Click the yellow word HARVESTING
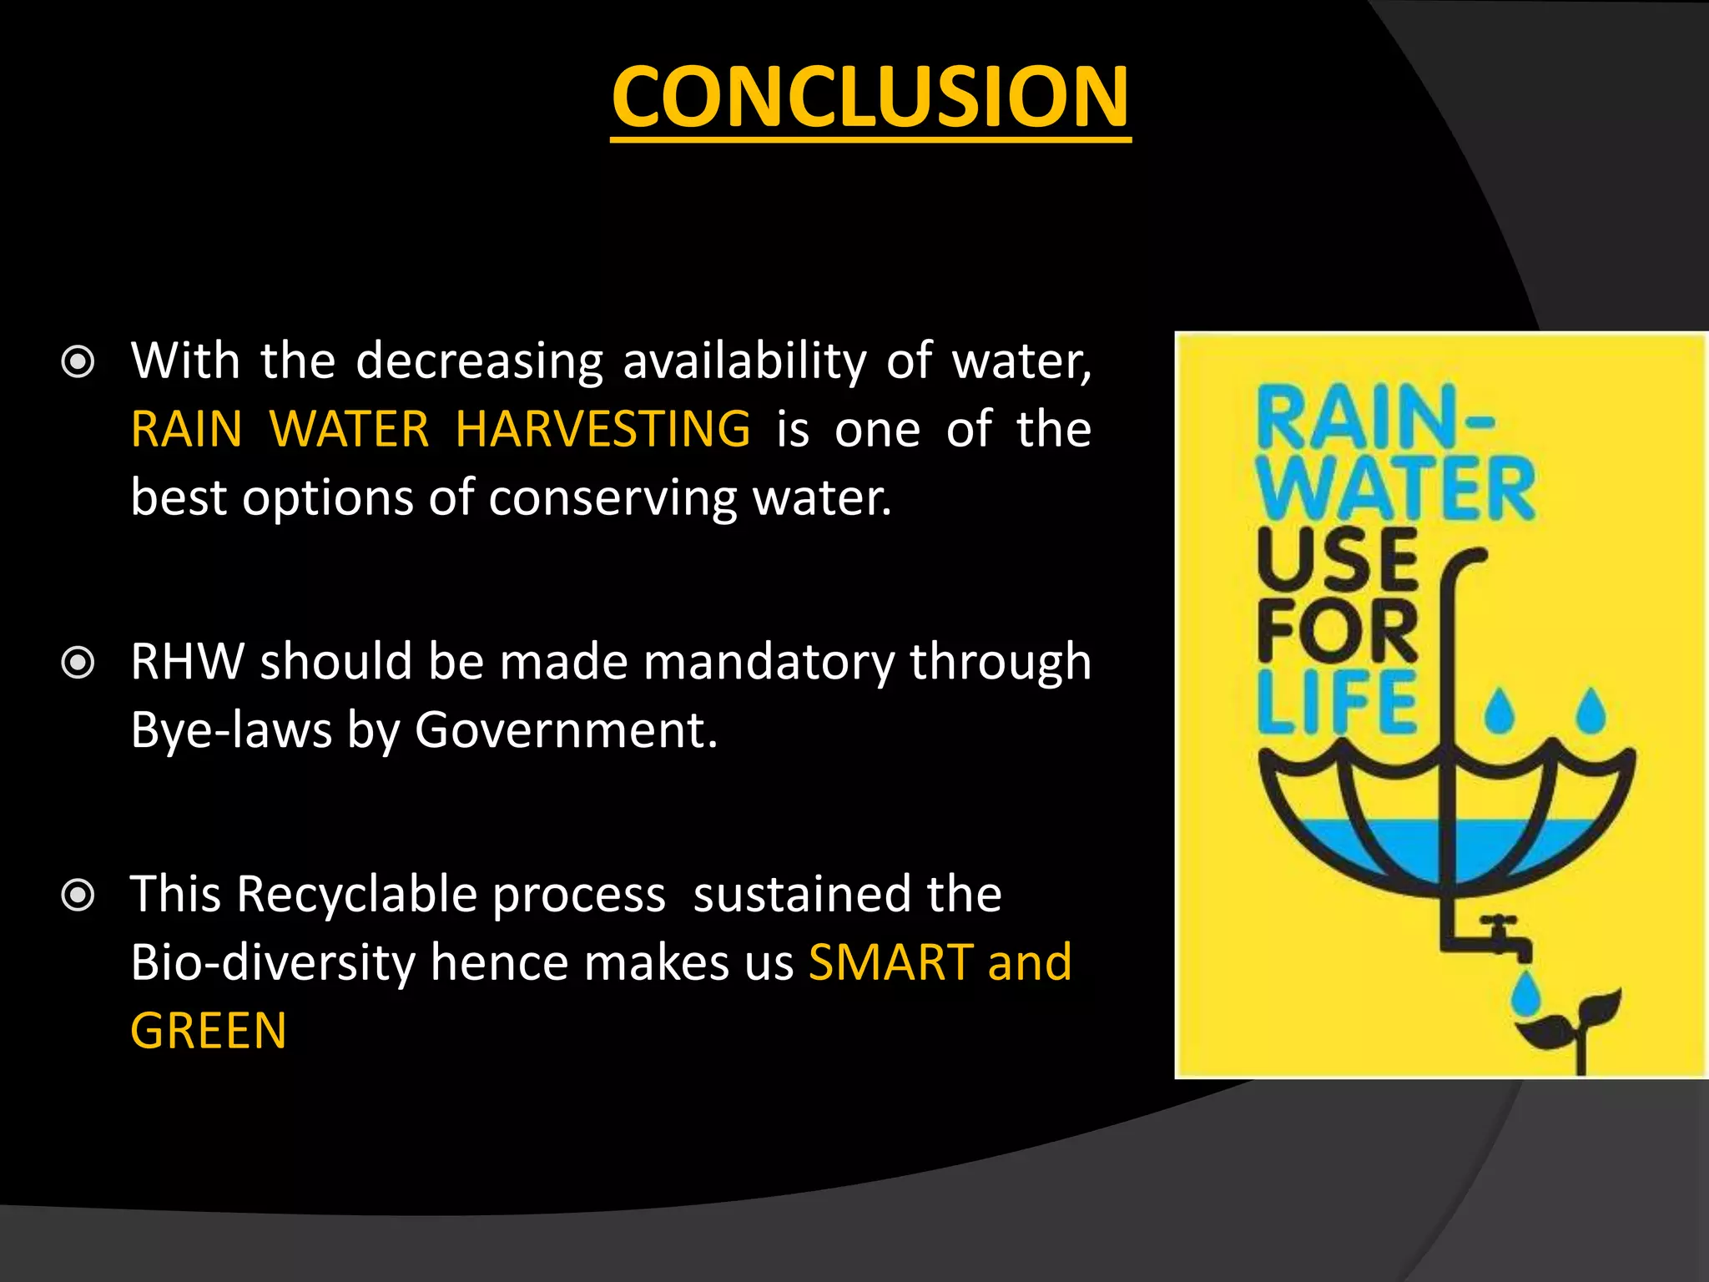[602, 429]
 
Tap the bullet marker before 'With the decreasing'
[78, 362]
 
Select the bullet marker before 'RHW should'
[78, 664]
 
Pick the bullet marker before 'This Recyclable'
[78, 896]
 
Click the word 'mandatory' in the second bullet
[768, 663]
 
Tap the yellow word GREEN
[209, 1031]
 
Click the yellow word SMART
[891, 962]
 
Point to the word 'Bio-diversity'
[272, 962]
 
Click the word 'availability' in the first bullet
[744, 362]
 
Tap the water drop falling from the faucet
[1526, 993]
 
